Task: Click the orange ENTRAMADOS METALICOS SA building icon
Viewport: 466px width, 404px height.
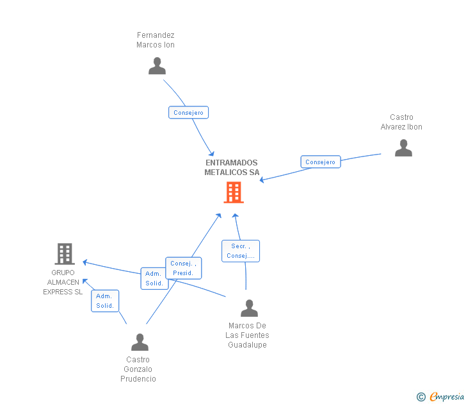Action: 233,192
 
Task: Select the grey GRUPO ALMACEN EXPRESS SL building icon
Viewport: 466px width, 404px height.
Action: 64,254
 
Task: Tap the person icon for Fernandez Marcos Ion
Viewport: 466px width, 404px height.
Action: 157,65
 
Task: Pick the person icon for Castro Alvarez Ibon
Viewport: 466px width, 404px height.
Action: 403,147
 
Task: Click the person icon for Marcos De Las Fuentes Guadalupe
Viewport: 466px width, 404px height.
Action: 249,308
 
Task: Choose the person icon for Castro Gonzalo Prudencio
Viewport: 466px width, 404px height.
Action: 140,342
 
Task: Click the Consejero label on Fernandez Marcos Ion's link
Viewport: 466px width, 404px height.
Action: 188,113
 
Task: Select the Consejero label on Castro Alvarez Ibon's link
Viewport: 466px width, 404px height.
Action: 321,162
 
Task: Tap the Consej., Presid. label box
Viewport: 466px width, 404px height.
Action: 183,268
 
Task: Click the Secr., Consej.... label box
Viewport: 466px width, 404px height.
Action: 241,251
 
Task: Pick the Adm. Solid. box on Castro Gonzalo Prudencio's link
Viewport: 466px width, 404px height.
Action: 105,301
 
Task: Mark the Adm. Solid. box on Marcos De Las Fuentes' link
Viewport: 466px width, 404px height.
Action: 154,278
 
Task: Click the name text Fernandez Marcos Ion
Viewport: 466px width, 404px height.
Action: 156,40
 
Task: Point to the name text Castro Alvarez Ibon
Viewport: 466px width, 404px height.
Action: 401,122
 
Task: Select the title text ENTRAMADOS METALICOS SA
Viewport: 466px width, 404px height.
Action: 232,167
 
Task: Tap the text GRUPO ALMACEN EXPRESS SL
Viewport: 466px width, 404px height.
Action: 63,282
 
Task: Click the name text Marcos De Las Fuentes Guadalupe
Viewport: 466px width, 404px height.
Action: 247,335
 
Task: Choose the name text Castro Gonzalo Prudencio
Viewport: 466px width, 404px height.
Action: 138,369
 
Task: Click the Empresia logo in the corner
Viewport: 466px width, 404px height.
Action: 446,397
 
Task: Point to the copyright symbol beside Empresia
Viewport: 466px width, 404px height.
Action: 421,397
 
